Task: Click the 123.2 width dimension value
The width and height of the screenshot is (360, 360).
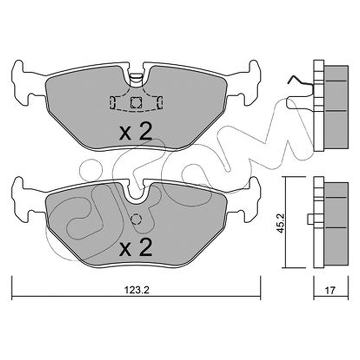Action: pos(137,290)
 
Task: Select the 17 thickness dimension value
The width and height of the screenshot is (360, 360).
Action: pos(330,290)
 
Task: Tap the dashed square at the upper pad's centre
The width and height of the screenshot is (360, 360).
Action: pos(136,103)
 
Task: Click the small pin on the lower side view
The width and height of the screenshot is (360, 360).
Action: pos(310,219)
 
